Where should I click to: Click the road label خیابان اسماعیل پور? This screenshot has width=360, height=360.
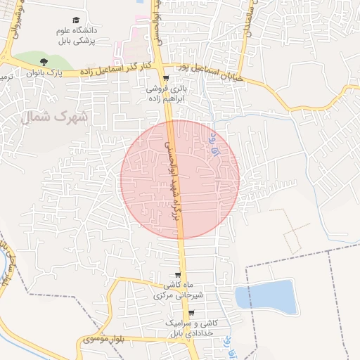[212, 73]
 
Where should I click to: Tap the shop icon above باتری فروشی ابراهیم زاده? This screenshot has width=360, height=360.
[166, 79]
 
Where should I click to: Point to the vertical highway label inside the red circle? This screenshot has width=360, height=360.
[172, 179]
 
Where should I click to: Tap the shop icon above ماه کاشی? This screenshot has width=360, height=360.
[178, 275]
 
